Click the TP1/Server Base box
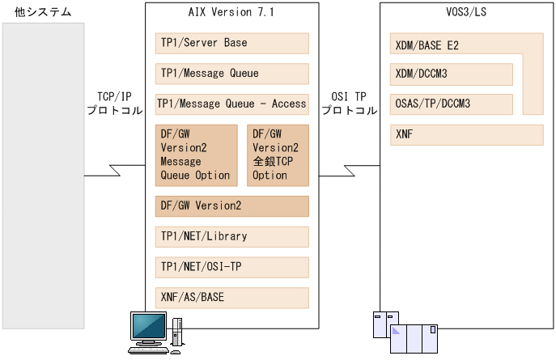tap(232, 43)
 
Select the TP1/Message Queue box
tap(232, 74)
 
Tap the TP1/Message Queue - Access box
tap(232, 104)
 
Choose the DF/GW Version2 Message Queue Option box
tap(196, 155)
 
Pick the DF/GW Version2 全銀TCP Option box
tap(278, 155)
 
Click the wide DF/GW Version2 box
tap(232, 206)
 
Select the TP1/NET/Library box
tap(232, 237)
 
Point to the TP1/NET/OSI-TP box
tap(232, 267)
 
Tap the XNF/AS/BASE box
tap(232, 298)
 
